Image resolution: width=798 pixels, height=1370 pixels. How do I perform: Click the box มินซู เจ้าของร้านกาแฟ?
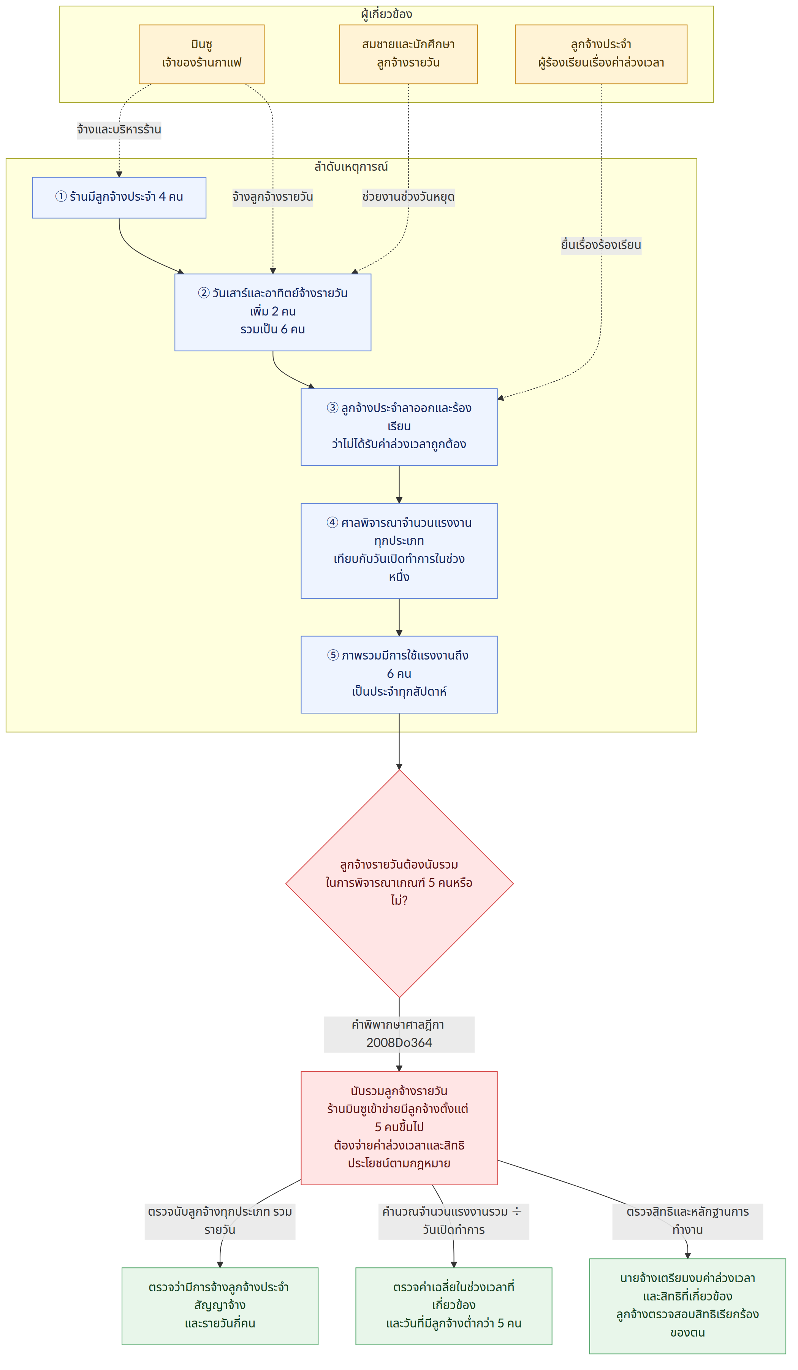pyautogui.click(x=202, y=54)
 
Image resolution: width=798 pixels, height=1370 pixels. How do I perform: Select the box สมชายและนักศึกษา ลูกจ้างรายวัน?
pyautogui.click(x=408, y=54)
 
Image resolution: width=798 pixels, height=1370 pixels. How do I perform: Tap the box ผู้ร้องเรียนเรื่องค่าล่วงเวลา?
pyautogui.click(x=601, y=54)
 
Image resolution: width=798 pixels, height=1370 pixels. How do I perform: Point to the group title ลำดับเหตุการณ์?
pyautogui.click(x=351, y=166)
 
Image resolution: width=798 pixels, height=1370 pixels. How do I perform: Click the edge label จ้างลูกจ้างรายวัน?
pyautogui.click(x=273, y=197)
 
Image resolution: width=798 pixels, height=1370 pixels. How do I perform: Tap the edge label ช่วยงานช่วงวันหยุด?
pyautogui.click(x=408, y=197)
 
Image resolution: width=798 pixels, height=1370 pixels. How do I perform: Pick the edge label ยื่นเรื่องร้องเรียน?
pyautogui.click(x=601, y=245)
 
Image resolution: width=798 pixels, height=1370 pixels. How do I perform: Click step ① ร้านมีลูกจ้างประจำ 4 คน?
pyautogui.click(x=119, y=197)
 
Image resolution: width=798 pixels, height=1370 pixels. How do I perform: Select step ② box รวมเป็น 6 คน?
pyautogui.click(x=273, y=312)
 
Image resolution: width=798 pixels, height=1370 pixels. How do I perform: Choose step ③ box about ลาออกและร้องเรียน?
pyautogui.click(x=399, y=427)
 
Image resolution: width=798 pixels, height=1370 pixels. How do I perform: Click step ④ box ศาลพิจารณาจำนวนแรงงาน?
pyautogui.click(x=399, y=551)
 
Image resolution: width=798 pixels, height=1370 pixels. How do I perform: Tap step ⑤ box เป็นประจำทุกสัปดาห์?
pyautogui.click(x=399, y=674)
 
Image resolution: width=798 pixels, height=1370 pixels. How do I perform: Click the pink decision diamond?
pyautogui.click(x=399, y=883)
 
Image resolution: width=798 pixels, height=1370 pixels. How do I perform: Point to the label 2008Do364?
pyautogui.click(x=399, y=1042)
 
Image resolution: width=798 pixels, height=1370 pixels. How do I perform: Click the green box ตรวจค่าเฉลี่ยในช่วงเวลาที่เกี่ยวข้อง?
pyautogui.click(x=454, y=1306)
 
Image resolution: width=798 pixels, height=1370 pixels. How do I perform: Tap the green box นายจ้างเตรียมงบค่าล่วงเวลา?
pyautogui.click(x=688, y=1306)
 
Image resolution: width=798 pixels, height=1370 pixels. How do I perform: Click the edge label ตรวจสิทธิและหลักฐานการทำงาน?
pyautogui.click(x=688, y=1221)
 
